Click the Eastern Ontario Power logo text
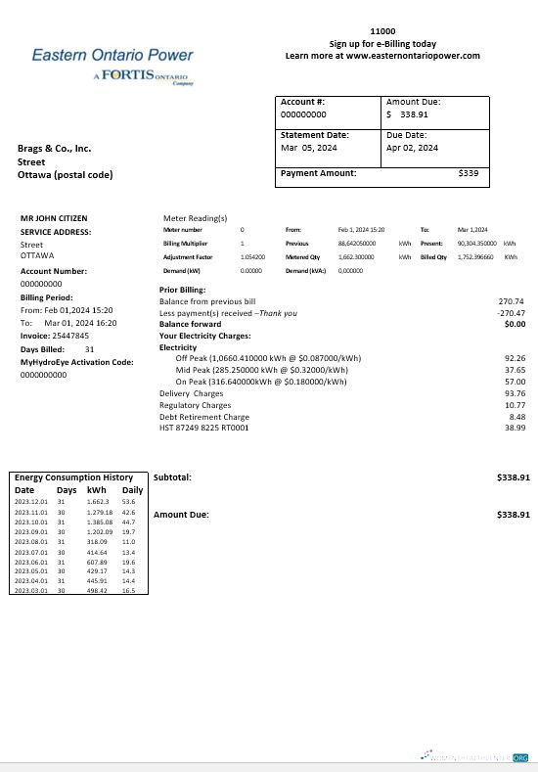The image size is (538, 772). click(x=112, y=56)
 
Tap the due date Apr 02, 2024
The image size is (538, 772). click(x=412, y=148)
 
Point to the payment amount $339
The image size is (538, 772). click(x=468, y=173)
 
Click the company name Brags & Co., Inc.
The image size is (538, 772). click(x=54, y=149)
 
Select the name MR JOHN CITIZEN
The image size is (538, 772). click(x=58, y=218)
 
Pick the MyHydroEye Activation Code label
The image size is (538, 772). click(x=76, y=362)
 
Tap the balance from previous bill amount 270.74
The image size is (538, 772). click(x=512, y=301)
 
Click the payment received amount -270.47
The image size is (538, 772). click(x=512, y=312)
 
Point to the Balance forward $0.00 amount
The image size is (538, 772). click(x=515, y=324)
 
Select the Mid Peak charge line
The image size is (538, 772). click(x=261, y=370)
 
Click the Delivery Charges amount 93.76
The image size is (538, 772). click(x=514, y=393)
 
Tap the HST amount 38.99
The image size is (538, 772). click(x=514, y=428)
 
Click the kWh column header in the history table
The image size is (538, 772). click(x=96, y=489)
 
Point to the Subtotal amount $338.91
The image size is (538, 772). click(x=513, y=477)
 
